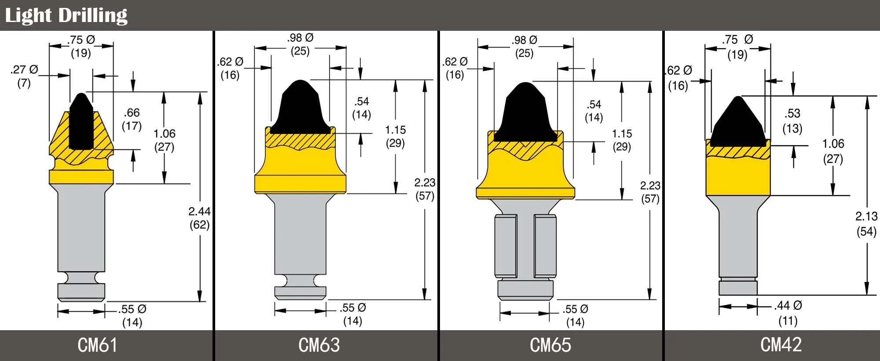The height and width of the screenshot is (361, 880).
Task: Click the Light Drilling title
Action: (66, 15)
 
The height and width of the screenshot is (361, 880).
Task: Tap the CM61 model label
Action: (97, 345)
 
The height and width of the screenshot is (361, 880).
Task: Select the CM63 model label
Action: (319, 345)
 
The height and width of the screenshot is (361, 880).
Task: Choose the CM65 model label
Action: (550, 345)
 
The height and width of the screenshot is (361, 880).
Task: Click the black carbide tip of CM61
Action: (81, 123)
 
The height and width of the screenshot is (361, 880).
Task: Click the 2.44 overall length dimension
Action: (199, 211)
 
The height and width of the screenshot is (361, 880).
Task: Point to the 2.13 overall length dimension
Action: (866, 216)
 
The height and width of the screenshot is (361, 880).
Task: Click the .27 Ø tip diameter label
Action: (24, 70)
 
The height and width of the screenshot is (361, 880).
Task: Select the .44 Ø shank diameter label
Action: (788, 305)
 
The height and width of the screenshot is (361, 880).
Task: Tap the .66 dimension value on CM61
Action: (132, 113)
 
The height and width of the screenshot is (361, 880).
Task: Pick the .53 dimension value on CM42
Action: (792, 114)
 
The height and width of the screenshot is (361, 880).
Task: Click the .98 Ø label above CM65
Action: (524, 40)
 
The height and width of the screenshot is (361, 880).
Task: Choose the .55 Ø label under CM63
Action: (353, 308)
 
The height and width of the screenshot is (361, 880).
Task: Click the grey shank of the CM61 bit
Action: (81, 233)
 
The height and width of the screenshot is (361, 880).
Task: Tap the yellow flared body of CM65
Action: (525, 176)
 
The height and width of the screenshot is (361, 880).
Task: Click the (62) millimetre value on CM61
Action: (199, 225)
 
